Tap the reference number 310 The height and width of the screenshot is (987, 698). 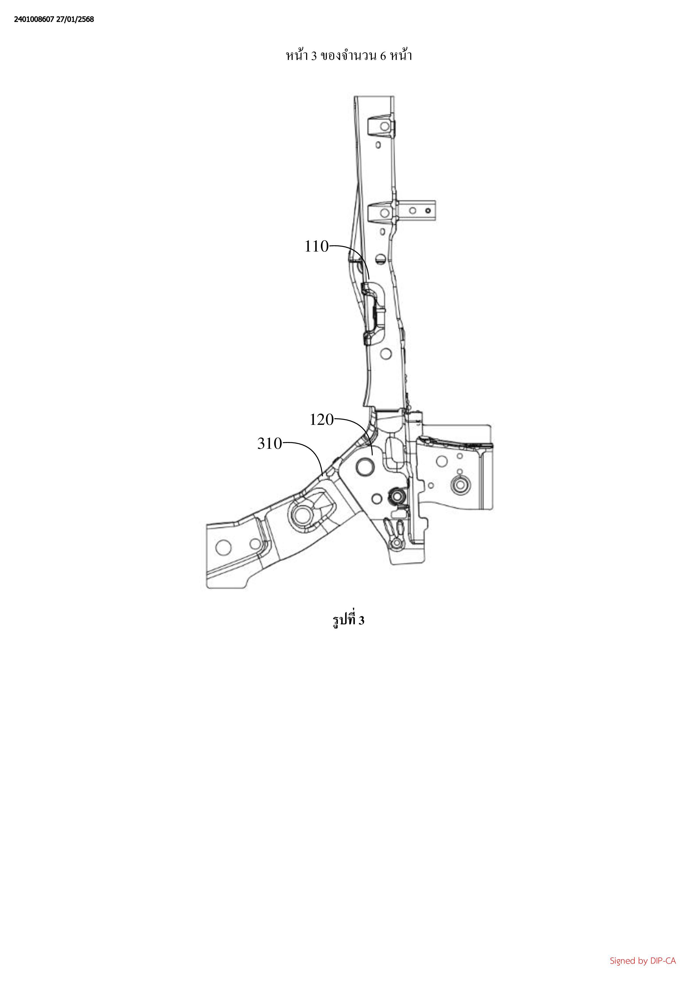point(270,444)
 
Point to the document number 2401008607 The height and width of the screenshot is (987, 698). point(34,19)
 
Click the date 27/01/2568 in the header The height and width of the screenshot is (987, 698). point(75,19)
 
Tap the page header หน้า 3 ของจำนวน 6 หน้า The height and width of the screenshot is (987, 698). point(349,56)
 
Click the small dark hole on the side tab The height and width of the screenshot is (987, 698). point(428,211)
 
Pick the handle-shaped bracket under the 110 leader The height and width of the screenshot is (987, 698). point(373,313)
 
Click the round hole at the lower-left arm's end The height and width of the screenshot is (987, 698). point(224,548)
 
